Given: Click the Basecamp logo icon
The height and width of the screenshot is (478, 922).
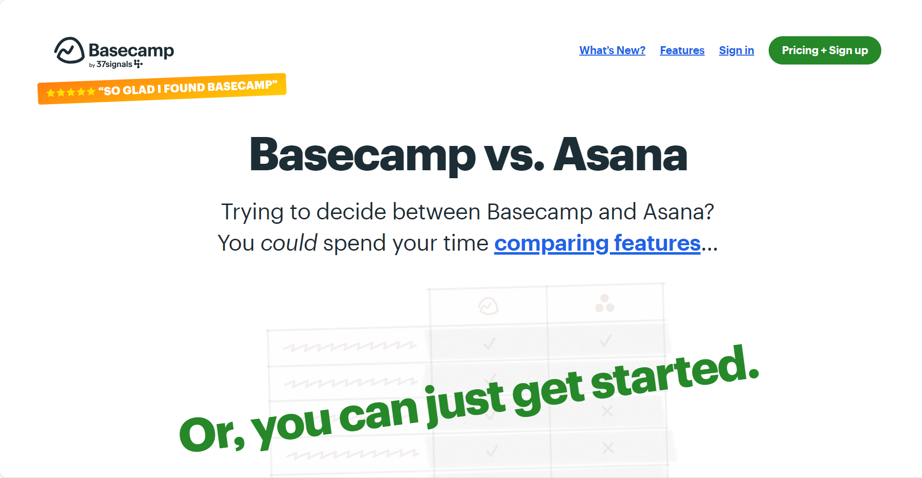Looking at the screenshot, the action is coord(69,50).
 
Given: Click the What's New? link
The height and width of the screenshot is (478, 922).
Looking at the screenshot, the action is coord(612,50).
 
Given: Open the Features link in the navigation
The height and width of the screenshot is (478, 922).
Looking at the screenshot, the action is coord(682,50).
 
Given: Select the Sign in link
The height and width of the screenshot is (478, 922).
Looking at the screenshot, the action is coord(736,50).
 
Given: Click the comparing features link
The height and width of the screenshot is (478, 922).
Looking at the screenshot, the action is coord(597,243).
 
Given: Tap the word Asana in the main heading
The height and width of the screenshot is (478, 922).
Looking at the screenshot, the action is coord(620,155).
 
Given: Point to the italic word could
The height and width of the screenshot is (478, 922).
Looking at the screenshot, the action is coord(289,243).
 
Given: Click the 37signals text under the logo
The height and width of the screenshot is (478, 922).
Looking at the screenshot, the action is coord(114,65).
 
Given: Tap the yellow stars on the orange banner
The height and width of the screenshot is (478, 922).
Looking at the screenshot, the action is coord(70,92).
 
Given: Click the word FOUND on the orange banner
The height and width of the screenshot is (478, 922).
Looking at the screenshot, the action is coord(184,88).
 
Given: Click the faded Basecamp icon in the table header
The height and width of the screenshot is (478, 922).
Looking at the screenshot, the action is coord(488,306).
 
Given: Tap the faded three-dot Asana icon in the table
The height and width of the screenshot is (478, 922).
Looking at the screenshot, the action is coord(604,303).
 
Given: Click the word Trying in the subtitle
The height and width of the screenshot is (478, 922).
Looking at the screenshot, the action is coord(252,212).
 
